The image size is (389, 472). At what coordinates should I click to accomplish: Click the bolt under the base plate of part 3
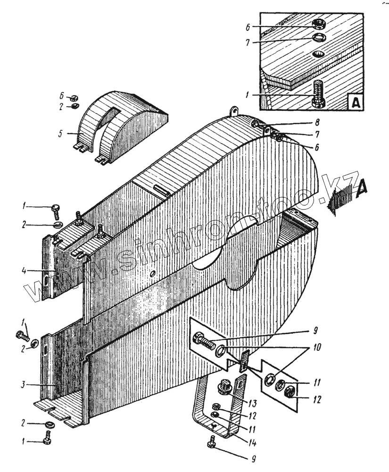[x=48, y=439]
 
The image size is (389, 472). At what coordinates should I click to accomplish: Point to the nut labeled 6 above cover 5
[x=74, y=98]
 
